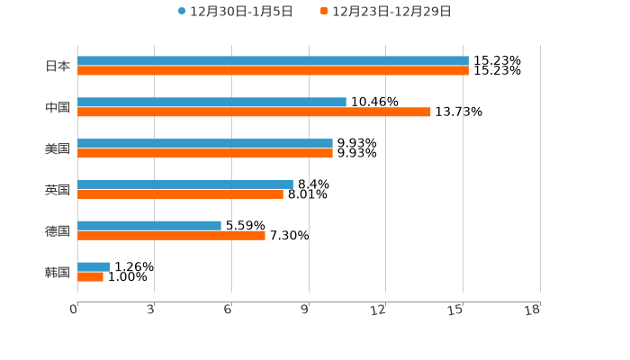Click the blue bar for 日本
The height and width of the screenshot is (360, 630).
pyautogui.click(x=273, y=61)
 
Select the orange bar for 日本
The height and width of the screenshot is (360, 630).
pyautogui.click(x=273, y=70)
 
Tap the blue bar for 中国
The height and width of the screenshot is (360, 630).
pyautogui.click(x=211, y=103)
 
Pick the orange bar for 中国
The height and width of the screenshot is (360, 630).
pyautogui.click(x=254, y=112)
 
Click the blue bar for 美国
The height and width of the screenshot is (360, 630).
pyautogui.click(x=205, y=144)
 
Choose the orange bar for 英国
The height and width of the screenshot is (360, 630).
pyautogui.click(x=180, y=193)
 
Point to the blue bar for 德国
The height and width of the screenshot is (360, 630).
pyautogui.click(x=149, y=225)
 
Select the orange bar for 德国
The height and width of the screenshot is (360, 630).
pyautogui.click(x=171, y=235)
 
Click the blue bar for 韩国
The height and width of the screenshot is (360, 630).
pyautogui.click(x=94, y=266)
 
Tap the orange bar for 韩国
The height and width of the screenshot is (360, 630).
pyautogui.click(x=90, y=276)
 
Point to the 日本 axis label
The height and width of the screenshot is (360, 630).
pyautogui.click(x=58, y=66)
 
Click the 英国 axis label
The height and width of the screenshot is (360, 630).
pyautogui.click(x=58, y=189)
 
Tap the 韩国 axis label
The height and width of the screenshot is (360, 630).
pyautogui.click(x=58, y=272)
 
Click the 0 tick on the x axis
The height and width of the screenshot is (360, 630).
pyautogui.click(x=74, y=310)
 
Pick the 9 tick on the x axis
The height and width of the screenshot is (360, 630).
pyautogui.click(x=305, y=310)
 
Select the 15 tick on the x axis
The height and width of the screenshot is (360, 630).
pyautogui.click(x=456, y=310)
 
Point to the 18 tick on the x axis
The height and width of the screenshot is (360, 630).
pyautogui.click(x=533, y=310)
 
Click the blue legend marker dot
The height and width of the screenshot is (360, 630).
pyautogui.click(x=182, y=12)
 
